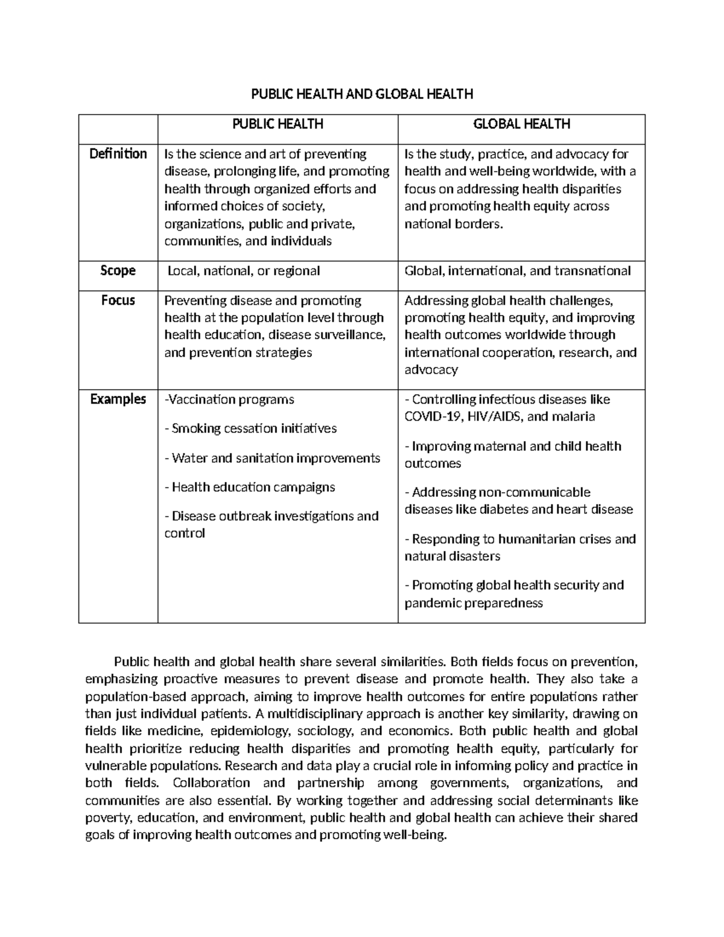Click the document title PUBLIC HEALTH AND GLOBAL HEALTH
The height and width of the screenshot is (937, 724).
(362, 94)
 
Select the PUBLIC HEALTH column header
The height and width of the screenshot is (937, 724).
(278, 124)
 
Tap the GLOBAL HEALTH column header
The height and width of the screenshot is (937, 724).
(521, 124)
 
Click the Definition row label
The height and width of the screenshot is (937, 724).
(118, 154)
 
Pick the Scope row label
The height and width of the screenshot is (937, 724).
(118, 270)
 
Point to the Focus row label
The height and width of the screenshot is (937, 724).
(118, 300)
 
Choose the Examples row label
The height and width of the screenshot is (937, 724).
(118, 399)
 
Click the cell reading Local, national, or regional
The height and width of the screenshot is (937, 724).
(244, 271)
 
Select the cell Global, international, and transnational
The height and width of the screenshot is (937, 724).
(518, 271)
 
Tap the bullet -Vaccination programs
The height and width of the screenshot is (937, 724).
(229, 399)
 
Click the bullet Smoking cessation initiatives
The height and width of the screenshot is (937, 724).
(250, 429)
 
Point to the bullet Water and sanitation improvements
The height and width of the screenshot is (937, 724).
(272, 458)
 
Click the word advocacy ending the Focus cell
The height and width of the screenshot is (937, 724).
(431, 370)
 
